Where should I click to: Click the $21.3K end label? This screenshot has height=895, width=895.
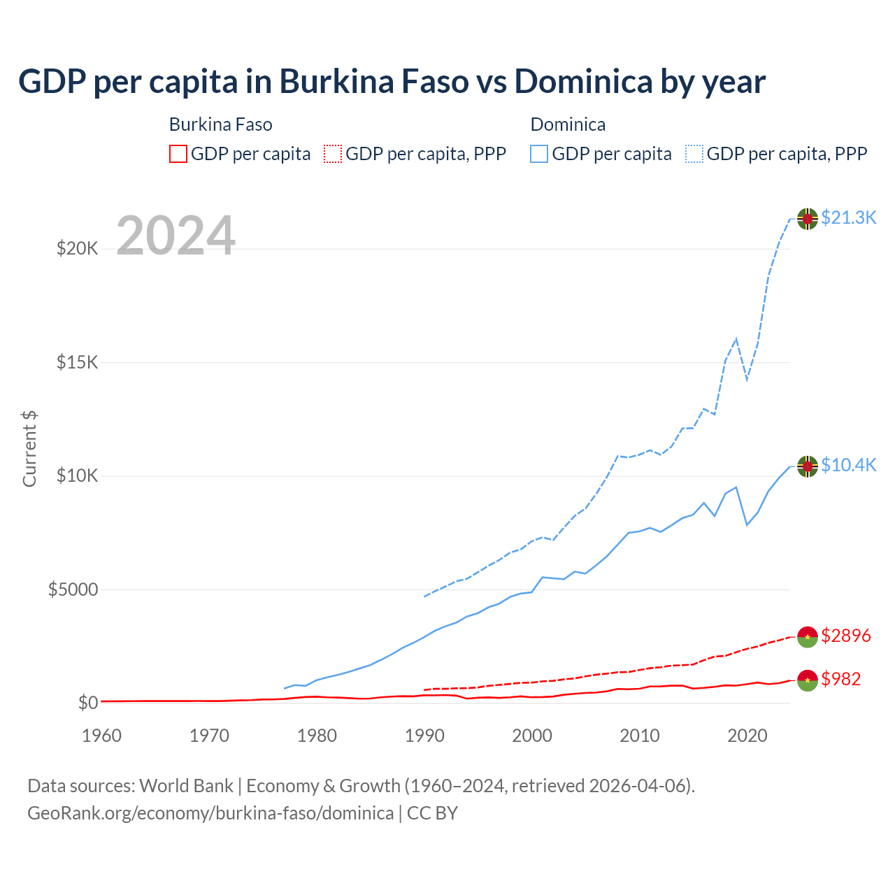(x=848, y=218)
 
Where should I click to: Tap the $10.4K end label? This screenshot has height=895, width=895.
(x=848, y=466)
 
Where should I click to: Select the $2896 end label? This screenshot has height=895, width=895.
(x=845, y=636)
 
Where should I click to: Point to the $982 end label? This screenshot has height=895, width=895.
(x=840, y=680)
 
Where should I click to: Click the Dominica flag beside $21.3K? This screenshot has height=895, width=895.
(x=808, y=219)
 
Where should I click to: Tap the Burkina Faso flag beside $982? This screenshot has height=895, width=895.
(x=808, y=680)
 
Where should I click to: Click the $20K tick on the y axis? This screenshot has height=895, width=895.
(x=77, y=249)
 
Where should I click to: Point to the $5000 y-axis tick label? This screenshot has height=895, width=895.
(x=73, y=590)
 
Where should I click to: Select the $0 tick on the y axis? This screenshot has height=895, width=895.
(x=87, y=703)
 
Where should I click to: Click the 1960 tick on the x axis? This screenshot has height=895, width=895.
(x=102, y=736)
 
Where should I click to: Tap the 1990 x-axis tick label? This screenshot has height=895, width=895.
(x=424, y=736)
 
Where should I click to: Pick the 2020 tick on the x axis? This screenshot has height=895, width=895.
(x=747, y=736)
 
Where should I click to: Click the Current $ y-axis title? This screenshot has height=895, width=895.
(x=29, y=449)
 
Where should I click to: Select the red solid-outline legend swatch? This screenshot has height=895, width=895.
(x=178, y=154)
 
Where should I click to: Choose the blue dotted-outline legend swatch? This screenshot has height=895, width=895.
(x=694, y=154)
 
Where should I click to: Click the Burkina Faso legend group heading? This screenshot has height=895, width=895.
(x=220, y=125)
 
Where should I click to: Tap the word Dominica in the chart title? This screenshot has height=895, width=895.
(x=583, y=82)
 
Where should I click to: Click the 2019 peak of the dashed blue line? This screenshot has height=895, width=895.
(x=736, y=339)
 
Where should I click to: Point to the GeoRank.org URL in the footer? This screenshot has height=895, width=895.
(x=210, y=814)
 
